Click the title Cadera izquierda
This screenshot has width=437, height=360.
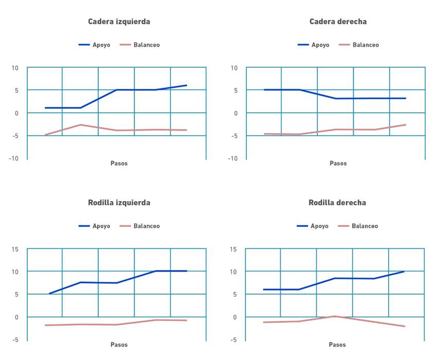119,22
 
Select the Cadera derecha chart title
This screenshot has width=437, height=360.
338,22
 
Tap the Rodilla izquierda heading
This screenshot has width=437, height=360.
119,203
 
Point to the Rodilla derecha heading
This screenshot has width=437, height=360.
337,203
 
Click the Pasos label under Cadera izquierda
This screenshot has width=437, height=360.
119,164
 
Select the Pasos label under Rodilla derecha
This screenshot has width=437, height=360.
337,345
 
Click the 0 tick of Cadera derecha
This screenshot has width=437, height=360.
235,113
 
